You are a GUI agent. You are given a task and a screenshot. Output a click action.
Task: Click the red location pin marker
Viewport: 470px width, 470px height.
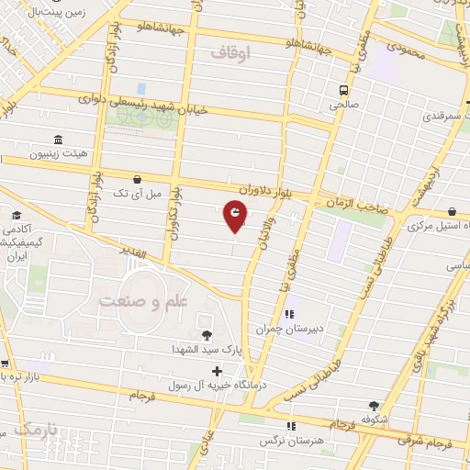pyautogui.click(x=236, y=217)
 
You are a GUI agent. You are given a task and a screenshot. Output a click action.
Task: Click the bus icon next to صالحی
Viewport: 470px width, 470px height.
pyautogui.click(x=343, y=91)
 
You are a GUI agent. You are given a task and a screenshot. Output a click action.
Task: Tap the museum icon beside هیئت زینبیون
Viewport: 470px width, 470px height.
pyautogui.click(x=58, y=140)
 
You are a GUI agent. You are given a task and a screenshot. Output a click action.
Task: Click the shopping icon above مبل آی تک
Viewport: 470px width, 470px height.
pyautogui.click(x=137, y=179)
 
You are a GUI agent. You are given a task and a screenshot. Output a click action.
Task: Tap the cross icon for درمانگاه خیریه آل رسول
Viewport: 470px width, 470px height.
pyautogui.click(x=217, y=372)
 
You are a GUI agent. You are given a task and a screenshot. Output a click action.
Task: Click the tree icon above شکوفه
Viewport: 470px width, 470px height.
pyautogui.click(x=373, y=406)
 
